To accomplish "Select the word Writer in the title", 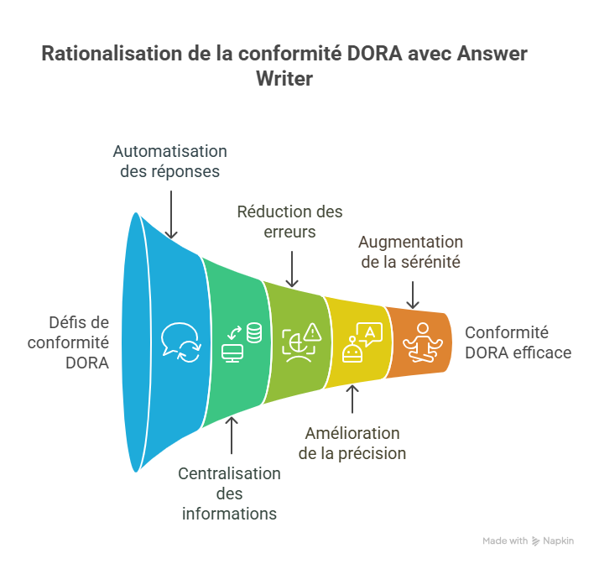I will point(286,79).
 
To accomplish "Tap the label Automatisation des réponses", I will point(170,160).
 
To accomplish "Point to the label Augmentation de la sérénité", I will point(410,251).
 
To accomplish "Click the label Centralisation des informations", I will point(229,493).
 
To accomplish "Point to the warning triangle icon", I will point(313,332).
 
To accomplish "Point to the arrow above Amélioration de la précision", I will point(352,400).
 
